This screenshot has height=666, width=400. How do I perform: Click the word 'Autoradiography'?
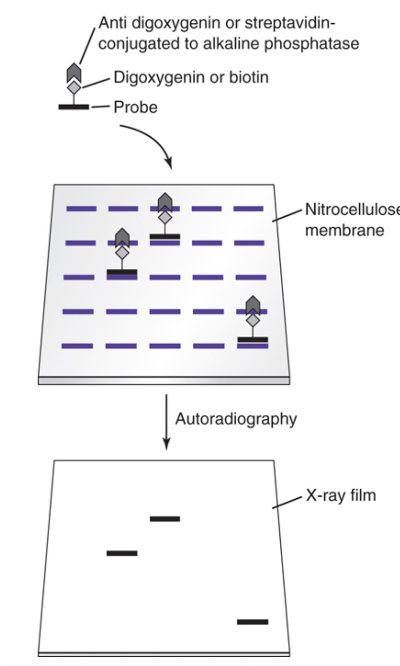click(235, 419)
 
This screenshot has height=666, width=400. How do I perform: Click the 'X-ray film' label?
click(340, 496)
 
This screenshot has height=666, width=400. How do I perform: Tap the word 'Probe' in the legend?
click(136, 107)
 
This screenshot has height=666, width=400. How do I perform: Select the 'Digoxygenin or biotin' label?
click(190, 77)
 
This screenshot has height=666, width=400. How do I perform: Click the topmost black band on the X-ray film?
click(165, 519)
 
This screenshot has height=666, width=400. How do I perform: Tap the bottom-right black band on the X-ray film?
click(252, 621)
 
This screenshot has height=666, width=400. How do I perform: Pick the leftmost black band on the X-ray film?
click(122, 553)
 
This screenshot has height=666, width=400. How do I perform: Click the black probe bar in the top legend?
click(74, 107)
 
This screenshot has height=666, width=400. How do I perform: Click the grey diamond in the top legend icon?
click(74, 87)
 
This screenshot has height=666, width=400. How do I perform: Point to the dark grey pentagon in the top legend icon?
click(74, 73)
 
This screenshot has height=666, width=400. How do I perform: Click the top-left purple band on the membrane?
click(81, 209)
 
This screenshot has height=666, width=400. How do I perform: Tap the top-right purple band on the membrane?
click(248, 209)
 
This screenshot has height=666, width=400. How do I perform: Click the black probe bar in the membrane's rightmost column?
click(252, 339)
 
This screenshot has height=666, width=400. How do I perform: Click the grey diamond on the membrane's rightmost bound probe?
click(252, 319)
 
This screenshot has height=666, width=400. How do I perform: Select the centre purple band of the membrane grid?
click(165, 278)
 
